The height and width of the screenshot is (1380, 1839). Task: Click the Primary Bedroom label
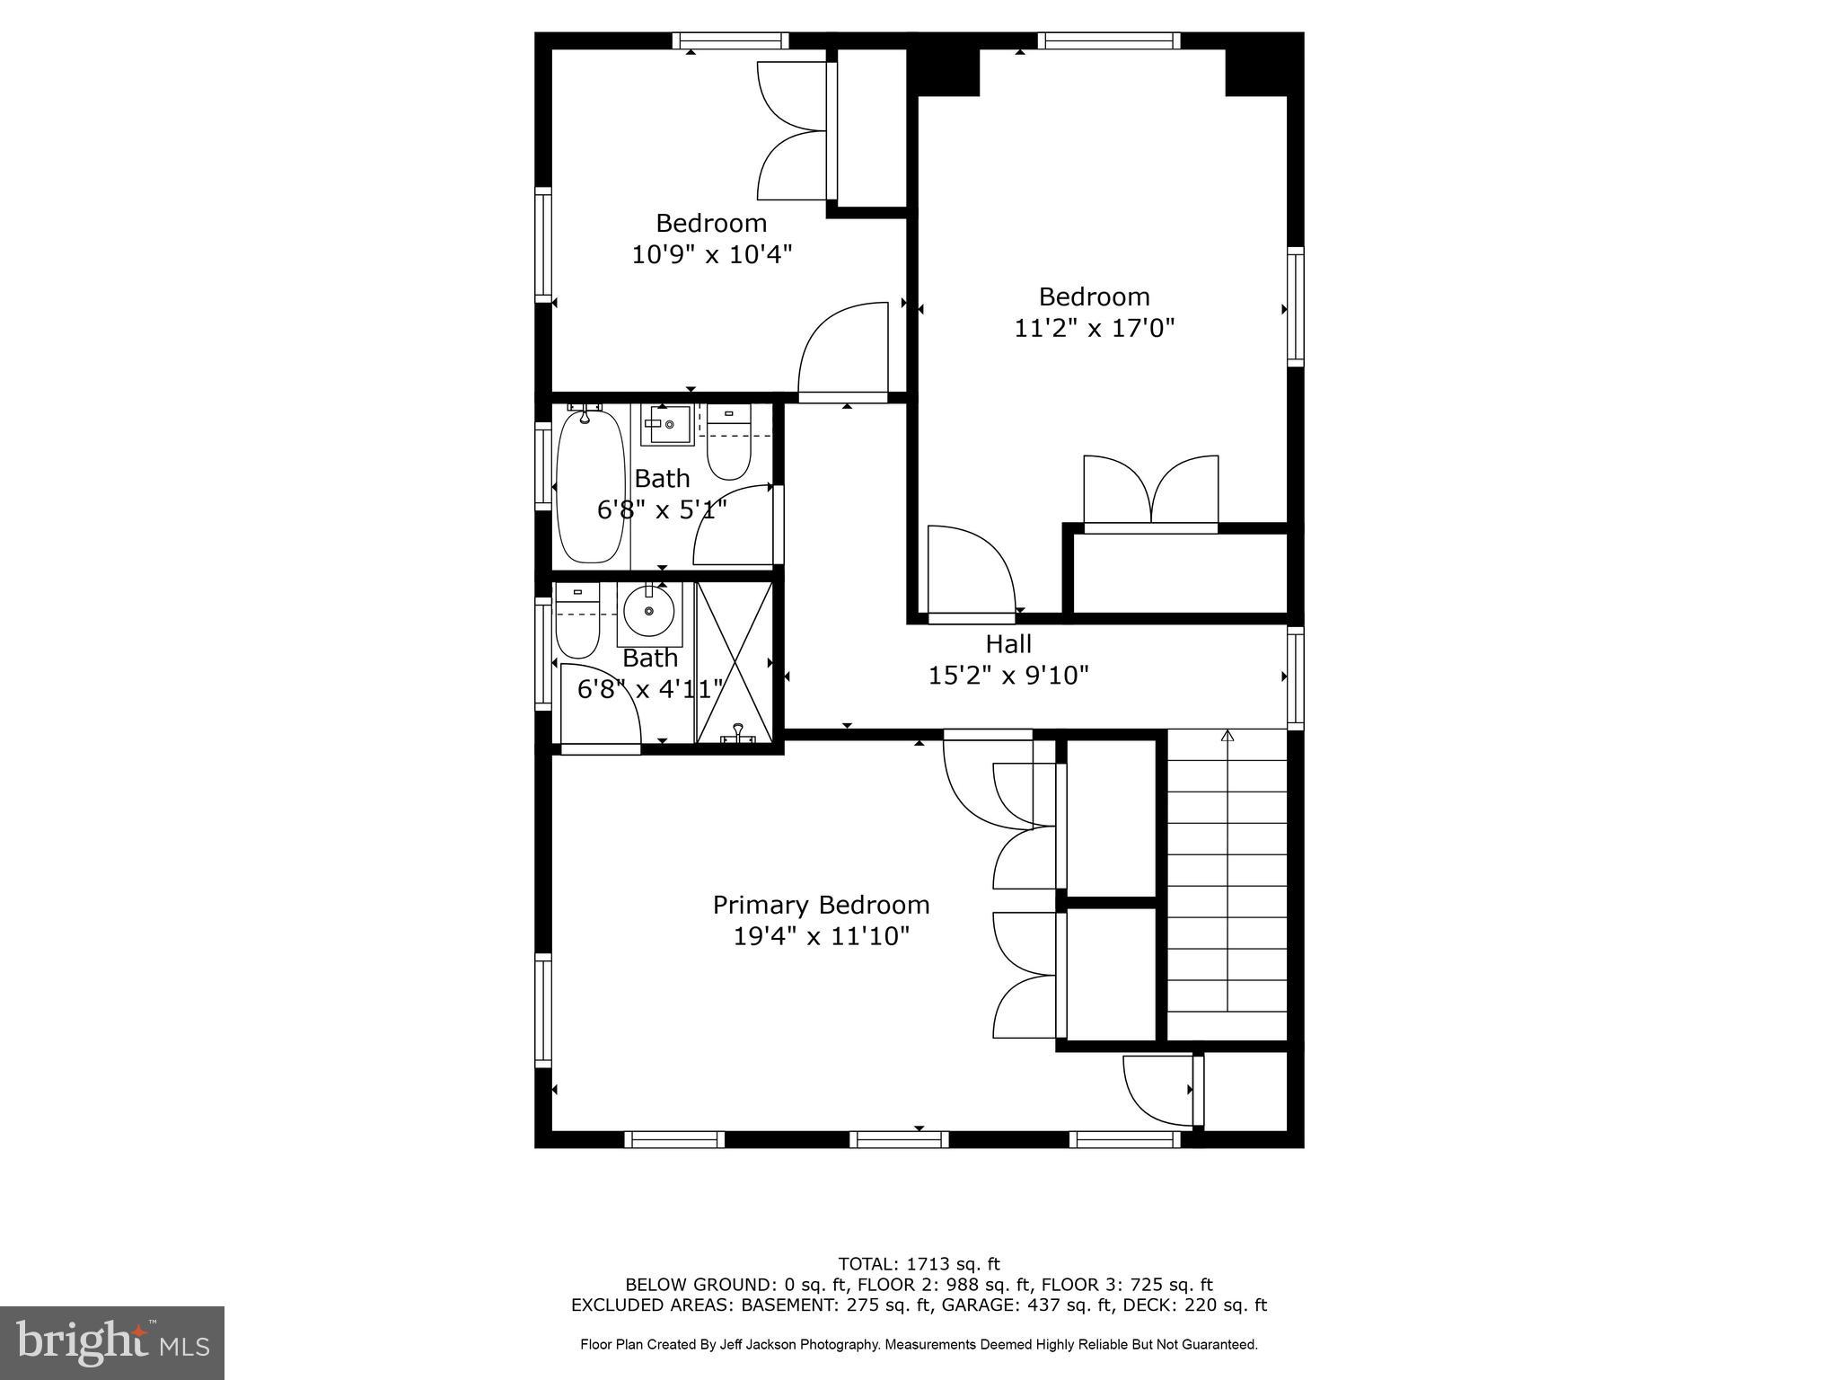click(x=821, y=905)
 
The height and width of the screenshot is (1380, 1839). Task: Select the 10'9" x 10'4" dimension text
click(x=711, y=255)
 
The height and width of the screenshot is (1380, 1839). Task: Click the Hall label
click(x=1008, y=644)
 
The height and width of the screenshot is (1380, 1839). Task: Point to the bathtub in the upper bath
click(x=590, y=485)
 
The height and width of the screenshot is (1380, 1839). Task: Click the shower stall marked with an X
click(x=735, y=662)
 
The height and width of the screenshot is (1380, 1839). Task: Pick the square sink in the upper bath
click(x=668, y=425)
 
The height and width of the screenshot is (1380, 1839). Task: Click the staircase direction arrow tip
click(x=1227, y=736)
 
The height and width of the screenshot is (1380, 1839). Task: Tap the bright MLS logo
click(x=112, y=1342)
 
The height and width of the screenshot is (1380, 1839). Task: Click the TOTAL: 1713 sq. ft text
click(x=919, y=1264)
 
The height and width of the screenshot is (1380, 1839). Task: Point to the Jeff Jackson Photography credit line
click(x=919, y=1345)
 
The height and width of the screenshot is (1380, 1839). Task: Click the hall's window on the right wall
click(x=1295, y=677)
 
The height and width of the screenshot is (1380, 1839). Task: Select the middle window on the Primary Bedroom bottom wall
click(x=899, y=1139)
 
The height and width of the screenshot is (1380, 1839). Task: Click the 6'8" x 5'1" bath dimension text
click(x=662, y=510)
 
